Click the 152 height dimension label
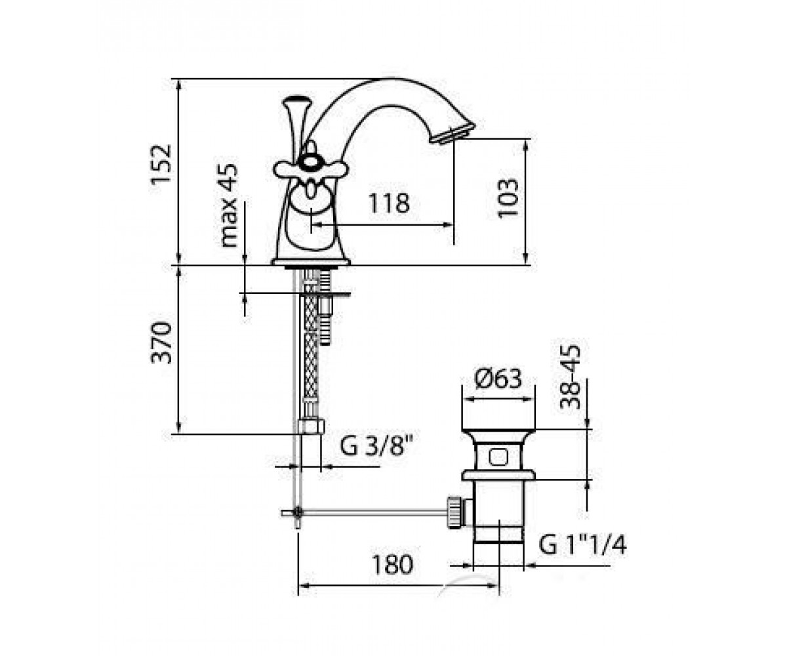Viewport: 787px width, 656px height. pyautogui.click(x=161, y=163)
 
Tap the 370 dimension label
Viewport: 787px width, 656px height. pyautogui.click(x=161, y=342)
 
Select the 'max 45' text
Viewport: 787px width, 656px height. pyautogui.click(x=229, y=205)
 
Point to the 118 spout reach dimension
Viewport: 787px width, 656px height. pyautogui.click(x=389, y=203)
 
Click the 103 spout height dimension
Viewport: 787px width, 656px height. pyautogui.click(x=508, y=198)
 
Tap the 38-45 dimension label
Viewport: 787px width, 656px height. pyautogui.click(x=569, y=377)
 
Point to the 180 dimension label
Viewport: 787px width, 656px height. pyautogui.click(x=392, y=565)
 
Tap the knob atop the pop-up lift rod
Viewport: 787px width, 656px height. pyautogui.click(x=297, y=101)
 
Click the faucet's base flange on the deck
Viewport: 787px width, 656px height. pyautogui.click(x=311, y=262)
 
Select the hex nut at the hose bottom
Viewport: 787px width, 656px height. pyautogui.click(x=312, y=426)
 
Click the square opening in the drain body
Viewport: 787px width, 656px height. pyautogui.click(x=498, y=457)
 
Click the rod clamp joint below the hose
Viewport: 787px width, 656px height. pyautogui.click(x=298, y=512)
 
